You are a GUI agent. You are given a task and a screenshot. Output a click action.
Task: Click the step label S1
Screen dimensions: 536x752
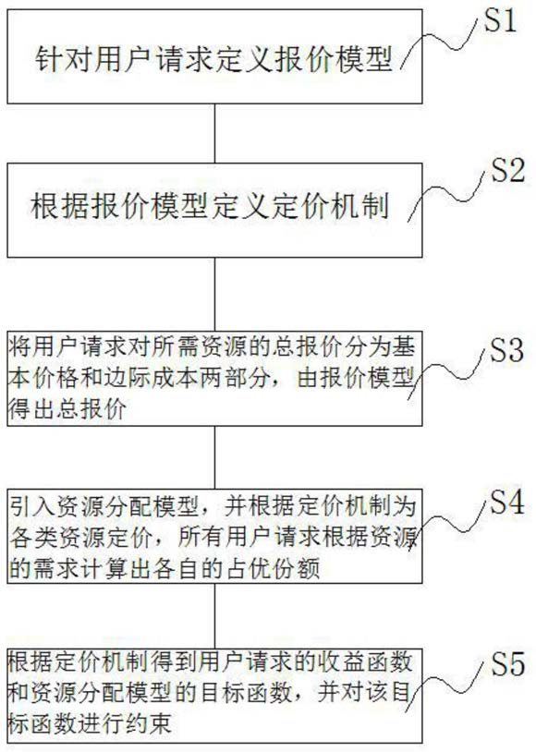500,20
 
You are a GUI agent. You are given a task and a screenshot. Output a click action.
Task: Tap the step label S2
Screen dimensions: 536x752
507,170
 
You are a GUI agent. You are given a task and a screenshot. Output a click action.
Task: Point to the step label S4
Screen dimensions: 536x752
506,503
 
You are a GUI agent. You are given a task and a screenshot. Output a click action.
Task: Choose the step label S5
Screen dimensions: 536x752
507,663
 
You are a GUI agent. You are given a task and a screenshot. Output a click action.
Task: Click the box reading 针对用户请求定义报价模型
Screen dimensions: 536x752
214,56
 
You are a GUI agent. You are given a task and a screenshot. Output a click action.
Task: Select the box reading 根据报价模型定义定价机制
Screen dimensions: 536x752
214,210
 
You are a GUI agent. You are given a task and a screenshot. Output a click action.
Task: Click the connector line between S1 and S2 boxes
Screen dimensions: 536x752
214,133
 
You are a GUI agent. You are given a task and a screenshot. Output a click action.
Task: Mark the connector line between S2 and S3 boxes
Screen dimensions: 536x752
214,294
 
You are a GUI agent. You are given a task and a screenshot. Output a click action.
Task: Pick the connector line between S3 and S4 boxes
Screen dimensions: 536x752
214,457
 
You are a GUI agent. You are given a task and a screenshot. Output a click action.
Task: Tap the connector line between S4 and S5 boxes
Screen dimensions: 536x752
214,616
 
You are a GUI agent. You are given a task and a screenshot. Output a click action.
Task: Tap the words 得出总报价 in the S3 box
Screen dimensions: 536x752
68,409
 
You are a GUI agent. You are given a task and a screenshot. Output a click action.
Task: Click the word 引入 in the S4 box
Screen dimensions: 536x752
32,506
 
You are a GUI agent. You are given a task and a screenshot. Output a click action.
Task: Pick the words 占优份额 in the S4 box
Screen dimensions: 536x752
274,568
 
